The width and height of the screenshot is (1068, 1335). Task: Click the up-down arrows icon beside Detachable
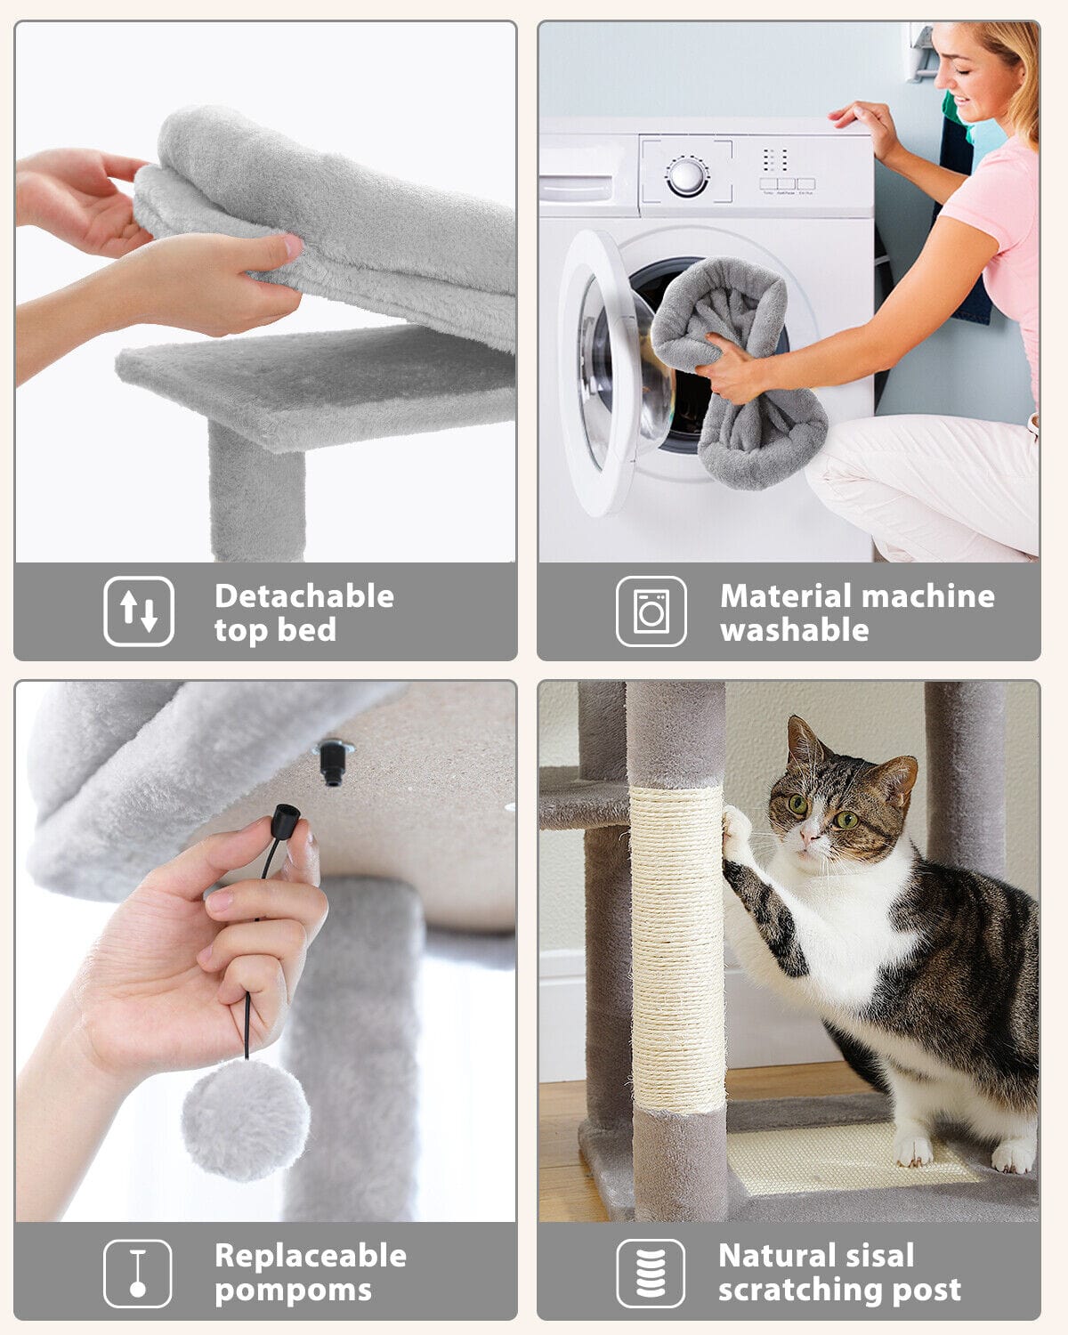point(139,611)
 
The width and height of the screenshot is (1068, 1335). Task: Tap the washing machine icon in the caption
point(651,611)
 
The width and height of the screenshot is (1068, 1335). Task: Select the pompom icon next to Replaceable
point(138,1274)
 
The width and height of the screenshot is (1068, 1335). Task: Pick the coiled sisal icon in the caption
point(651,1274)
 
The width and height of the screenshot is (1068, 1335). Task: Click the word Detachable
point(304,596)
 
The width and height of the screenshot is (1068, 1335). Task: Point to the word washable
point(795,630)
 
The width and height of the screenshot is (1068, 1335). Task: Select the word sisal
point(879,1256)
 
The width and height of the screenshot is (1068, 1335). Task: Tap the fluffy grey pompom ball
point(246,1119)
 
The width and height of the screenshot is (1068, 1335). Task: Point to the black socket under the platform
point(333,762)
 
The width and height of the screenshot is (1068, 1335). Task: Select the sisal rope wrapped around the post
point(676,943)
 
